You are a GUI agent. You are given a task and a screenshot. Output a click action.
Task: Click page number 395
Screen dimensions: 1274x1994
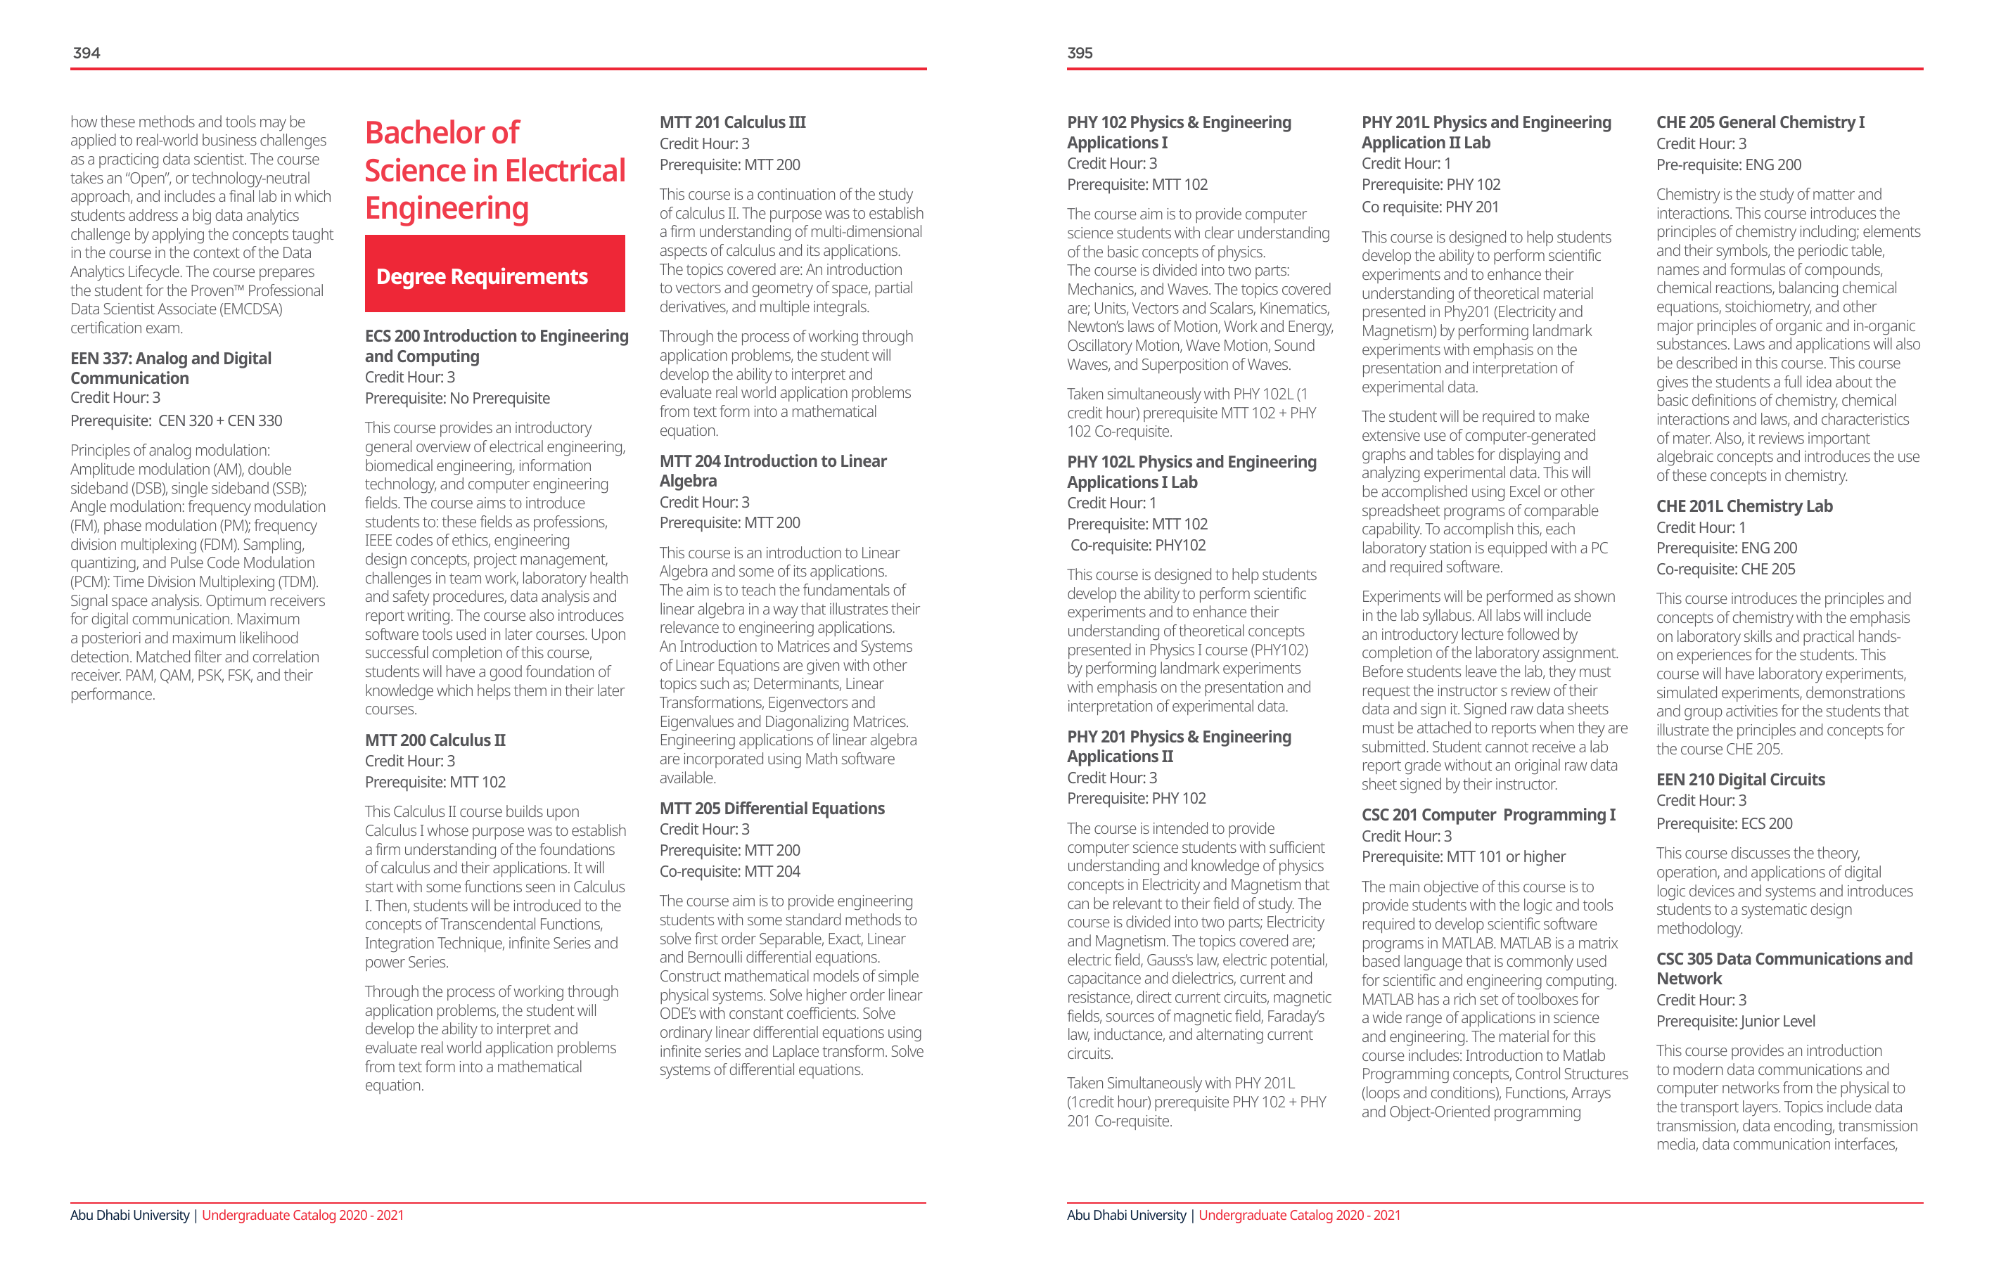point(1080,53)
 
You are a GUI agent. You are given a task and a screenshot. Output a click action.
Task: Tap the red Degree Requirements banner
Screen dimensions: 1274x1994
point(494,274)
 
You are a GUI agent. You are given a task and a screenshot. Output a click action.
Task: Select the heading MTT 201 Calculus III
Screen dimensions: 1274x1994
point(732,122)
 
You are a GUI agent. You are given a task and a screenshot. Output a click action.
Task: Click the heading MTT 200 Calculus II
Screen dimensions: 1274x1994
point(435,740)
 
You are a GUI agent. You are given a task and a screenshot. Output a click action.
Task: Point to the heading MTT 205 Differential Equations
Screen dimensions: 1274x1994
point(772,808)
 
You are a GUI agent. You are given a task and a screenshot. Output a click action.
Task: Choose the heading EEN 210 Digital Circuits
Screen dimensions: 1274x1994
point(1740,779)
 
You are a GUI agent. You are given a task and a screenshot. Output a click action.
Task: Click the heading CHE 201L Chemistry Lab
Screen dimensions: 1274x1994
point(1744,506)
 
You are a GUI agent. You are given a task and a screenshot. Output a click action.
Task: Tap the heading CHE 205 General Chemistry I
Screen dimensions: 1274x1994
point(1760,122)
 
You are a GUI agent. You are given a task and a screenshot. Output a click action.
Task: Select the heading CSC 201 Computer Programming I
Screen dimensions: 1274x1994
point(1488,815)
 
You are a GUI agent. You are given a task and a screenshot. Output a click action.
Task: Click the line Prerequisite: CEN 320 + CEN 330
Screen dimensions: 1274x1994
point(177,420)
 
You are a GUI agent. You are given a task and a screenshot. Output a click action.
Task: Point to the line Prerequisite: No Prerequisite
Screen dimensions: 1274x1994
point(457,398)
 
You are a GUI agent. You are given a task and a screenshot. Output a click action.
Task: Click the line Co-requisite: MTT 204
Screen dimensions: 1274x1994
point(729,871)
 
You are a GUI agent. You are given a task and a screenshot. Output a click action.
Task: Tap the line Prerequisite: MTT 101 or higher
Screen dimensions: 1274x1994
point(1463,857)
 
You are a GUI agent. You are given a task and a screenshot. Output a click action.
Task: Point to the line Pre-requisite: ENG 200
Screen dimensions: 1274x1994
point(1728,165)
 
